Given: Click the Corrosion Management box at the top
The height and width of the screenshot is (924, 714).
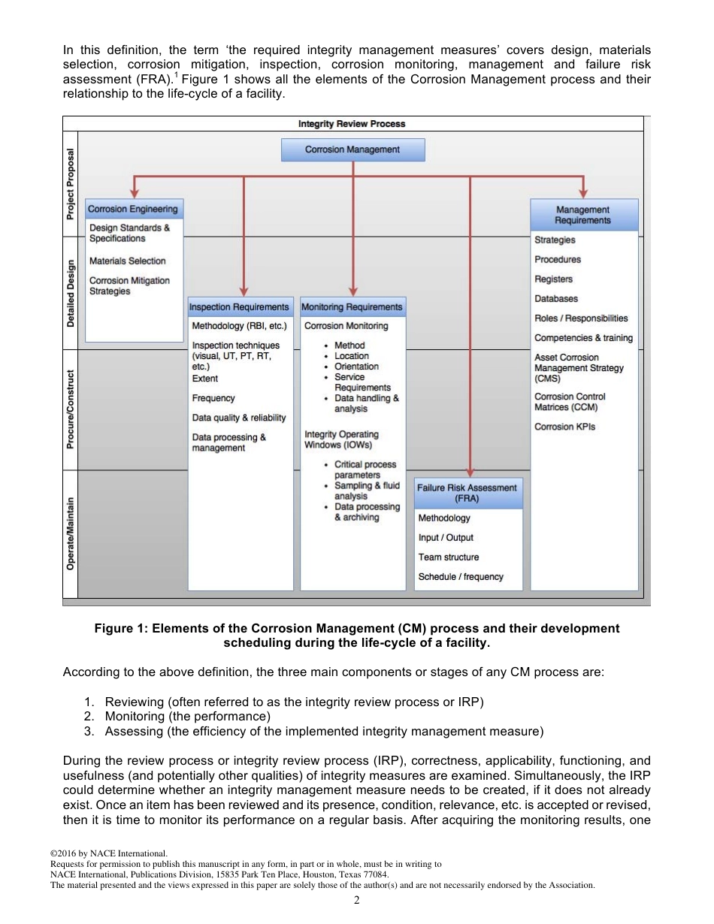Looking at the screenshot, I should (352, 149).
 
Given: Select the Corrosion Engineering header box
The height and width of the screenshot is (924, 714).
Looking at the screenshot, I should (133, 209).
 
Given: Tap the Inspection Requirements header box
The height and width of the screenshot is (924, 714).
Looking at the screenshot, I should (239, 306).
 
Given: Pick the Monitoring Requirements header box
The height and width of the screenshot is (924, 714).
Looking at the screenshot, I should (352, 306).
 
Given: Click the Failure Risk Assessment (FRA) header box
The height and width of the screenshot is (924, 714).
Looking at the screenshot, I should (467, 493).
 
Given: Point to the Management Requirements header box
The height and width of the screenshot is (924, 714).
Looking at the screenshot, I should (583, 215).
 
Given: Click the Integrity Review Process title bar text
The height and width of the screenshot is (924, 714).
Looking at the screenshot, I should (352, 124).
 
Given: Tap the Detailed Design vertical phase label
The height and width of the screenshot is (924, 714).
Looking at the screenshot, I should (70, 293).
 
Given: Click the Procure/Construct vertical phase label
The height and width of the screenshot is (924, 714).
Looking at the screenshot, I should (70, 409).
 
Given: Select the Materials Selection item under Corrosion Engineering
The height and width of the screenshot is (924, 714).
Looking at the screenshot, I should (127, 261).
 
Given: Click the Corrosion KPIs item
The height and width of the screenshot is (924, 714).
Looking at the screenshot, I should (564, 427).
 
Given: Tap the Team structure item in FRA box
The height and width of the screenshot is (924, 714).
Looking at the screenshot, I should (448, 557).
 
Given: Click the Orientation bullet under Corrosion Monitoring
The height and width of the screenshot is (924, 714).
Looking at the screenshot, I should (356, 367).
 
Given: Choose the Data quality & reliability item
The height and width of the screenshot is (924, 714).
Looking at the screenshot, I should (239, 418).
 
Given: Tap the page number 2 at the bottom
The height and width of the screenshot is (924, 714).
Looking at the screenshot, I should (357, 900).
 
